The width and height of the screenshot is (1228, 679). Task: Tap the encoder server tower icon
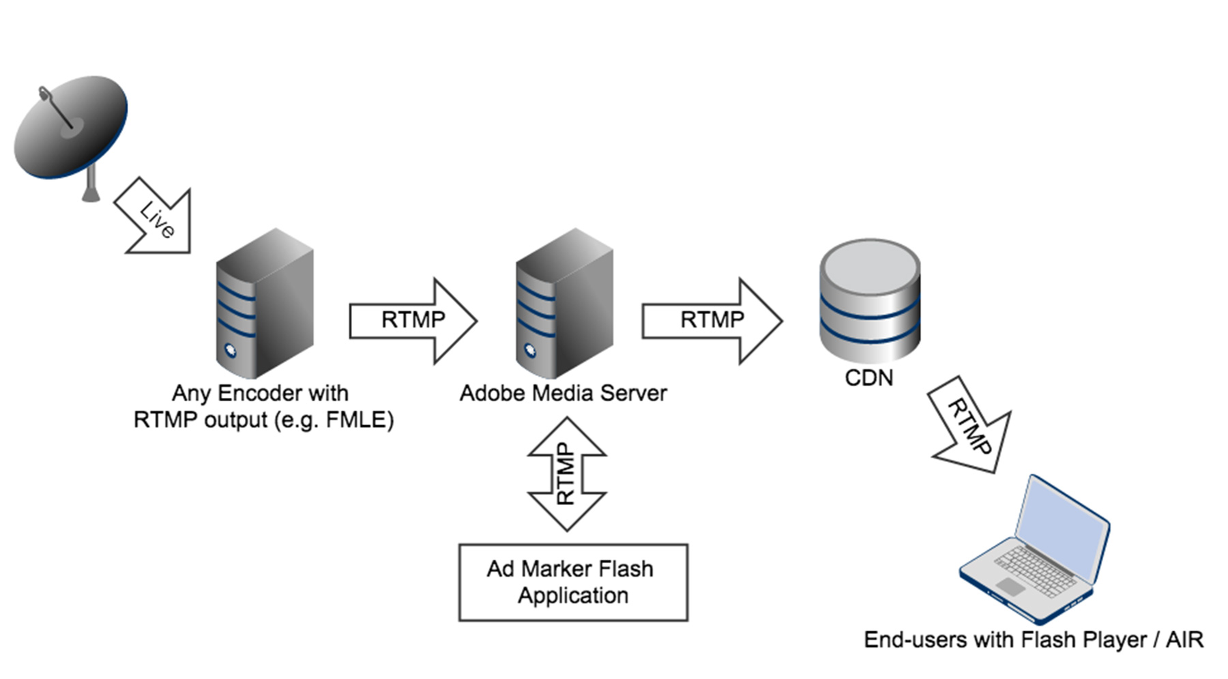[265, 304]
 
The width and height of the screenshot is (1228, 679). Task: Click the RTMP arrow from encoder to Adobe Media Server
[413, 320]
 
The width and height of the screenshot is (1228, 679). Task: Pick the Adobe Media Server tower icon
[564, 304]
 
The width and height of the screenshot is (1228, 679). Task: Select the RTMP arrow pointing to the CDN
[712, 320]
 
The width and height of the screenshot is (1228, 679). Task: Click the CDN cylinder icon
[869, 300]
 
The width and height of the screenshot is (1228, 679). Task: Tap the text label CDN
[868, 378]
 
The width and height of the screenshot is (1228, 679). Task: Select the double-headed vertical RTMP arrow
[566, 474]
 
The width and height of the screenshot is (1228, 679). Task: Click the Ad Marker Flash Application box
[573, 582]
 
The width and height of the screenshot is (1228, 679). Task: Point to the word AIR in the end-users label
[1184, 640]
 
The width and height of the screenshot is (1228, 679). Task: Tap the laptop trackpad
[1010, 586]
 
